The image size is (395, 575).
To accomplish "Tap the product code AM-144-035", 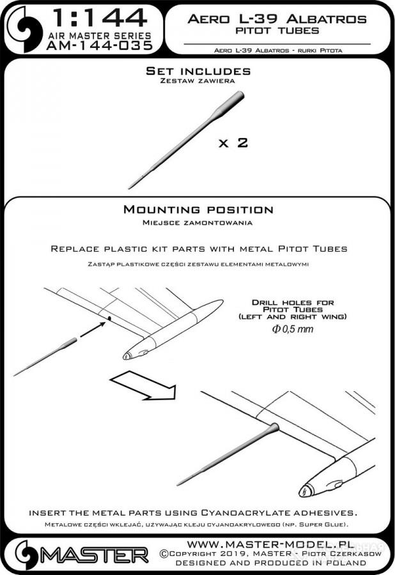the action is (x=100, y=45).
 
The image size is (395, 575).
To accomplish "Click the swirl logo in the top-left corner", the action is (x=24, y=29).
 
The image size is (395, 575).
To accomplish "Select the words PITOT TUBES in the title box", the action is (x=277, y=31).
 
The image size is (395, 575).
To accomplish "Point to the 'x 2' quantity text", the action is (x=233, y=142).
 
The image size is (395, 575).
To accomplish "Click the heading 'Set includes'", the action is (x=198, y=71).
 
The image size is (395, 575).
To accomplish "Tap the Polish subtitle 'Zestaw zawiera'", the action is (x=197, y=80).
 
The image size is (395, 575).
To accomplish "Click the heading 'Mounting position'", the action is (x=198, y=210).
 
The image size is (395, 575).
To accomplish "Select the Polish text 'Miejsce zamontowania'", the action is (x=197, y=222).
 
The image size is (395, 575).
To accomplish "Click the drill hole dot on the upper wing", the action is (x=109, y=318).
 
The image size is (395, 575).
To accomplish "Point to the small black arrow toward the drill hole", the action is (x=93, y=328).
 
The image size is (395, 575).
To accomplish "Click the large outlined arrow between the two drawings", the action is (x=144, y=385).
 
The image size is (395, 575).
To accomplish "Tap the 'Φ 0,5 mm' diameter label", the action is (x=293, y=329).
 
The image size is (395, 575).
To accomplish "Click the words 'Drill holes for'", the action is (x=293, y=303).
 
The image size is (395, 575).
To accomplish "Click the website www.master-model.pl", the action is (x=271, y=544).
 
